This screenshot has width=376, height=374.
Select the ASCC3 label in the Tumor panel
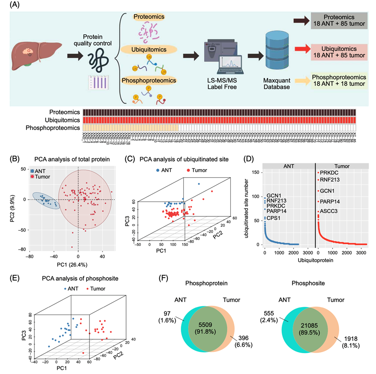[330, 212]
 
